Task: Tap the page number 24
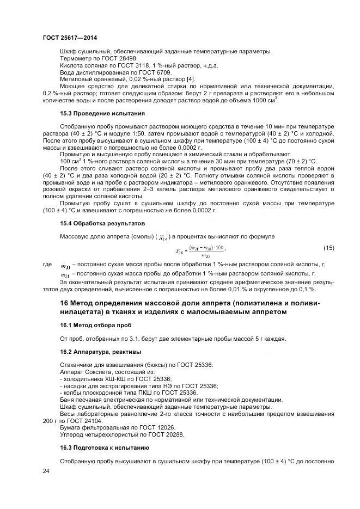(x=46, y=471)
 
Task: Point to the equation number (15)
(x=329, y=248)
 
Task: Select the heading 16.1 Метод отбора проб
(x=95, y=326)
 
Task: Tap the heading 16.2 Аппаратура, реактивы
(x=100, y=352)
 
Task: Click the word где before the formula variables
(x=48, y=264)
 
